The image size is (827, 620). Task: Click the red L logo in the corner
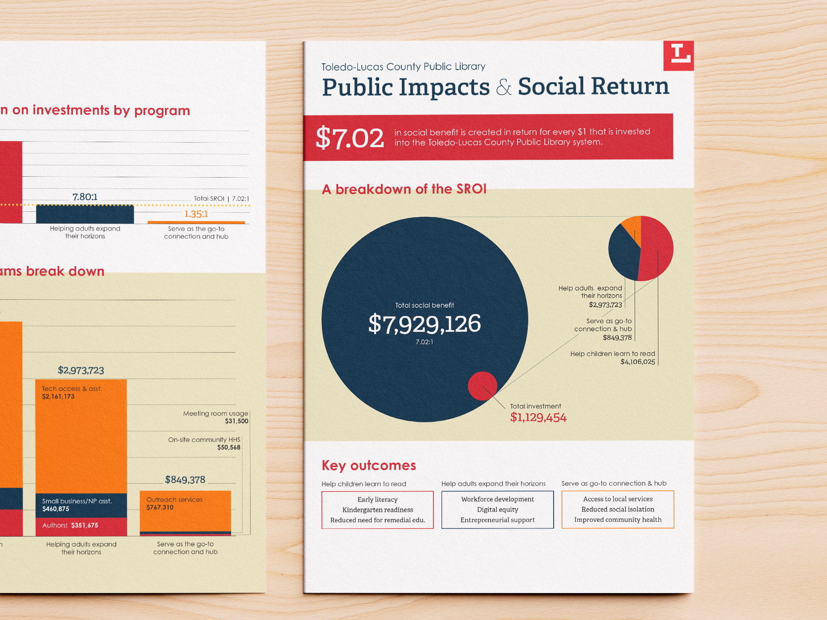678,56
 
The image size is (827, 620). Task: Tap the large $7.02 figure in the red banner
349,138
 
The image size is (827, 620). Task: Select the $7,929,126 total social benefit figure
424,324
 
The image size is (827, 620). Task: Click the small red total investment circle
482,386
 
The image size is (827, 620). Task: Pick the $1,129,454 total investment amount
538,417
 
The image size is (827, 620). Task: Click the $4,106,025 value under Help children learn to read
637,362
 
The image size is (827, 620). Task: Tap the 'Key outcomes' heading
369,465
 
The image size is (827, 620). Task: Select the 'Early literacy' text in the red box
377,500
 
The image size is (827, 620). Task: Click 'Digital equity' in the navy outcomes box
498,510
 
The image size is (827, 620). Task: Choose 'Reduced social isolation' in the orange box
617,509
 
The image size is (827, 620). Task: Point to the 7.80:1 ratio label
85,197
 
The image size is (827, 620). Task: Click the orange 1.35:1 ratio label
196,214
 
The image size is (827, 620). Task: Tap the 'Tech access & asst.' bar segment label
72,389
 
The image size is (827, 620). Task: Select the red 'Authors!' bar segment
81,526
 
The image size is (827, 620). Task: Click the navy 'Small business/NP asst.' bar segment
81,505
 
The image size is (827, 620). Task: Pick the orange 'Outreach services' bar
185,510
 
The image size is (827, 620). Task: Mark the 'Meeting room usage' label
216,414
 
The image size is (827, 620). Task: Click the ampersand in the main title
503,87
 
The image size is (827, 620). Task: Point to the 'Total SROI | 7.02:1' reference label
221,199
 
